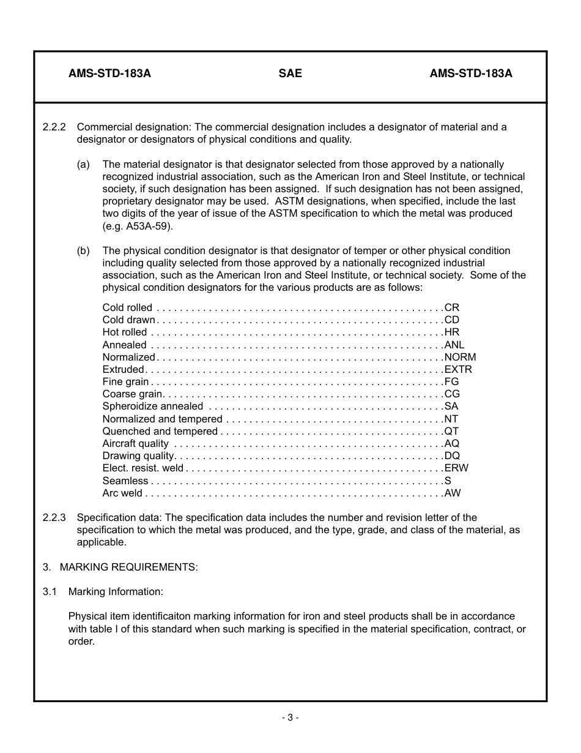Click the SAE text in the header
click(290, 73)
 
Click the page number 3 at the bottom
click(290, 717)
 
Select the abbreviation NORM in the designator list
click(460, 357)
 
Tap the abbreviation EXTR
click(458, 369)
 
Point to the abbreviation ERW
click(456, 468)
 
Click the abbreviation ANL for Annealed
click(454, 345)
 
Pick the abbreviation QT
click(451, 431)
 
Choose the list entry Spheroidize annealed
click(152, 406)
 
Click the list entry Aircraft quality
click(135, 443)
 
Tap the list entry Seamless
click(125, 481)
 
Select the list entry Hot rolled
click(124, 332)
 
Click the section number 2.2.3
click(54, 517)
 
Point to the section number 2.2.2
click(54, 127)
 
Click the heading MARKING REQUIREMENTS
click(128, 567)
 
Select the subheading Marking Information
click(116, 591)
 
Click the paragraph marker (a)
click(83, 164)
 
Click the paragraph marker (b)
click(83, 250)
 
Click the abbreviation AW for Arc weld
click(452, 493)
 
